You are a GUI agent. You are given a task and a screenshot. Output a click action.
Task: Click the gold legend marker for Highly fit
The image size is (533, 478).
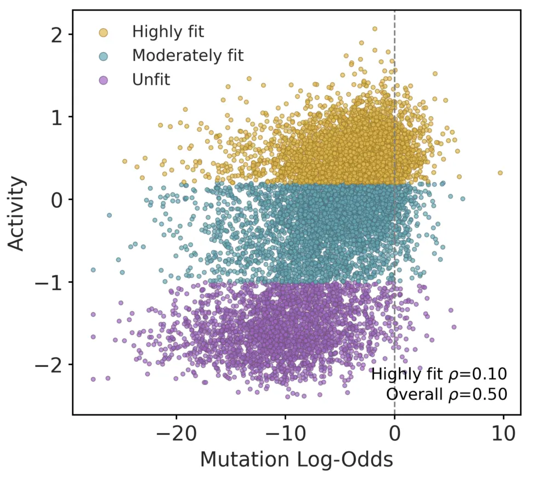click(x=103, y=32)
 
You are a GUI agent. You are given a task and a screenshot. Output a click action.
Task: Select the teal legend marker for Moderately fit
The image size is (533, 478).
click(x=103, y=56)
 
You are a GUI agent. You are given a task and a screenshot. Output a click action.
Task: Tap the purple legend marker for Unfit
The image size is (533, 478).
click(x=103, y=81)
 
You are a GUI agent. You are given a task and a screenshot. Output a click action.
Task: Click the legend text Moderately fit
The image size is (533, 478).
click(x=188, y=55)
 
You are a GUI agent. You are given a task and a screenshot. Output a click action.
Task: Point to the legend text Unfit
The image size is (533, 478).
click(x=151, y=79)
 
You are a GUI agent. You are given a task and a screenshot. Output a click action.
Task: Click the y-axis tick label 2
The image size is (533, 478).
click(x=57, y=35)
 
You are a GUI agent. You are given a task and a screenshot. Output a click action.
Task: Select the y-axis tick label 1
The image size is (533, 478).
click(x=57, y=117)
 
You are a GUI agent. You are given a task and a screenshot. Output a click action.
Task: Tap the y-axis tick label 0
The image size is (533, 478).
click(x=57, y=200)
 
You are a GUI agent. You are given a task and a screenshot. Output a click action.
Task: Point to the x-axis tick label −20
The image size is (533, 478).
click(x=177, y=434)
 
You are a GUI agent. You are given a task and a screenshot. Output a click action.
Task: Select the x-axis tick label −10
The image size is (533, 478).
click(x=286, y=434)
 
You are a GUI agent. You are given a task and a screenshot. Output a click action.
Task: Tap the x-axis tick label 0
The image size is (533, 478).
click(x=394, y=434)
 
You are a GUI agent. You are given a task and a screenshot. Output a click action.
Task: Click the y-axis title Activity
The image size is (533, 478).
click(x=16, y=213)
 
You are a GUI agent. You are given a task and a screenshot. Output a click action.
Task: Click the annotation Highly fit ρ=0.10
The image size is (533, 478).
click(x=439, y=374)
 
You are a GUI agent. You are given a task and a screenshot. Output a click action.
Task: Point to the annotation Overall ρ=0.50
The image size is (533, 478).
click(x=446, y=394)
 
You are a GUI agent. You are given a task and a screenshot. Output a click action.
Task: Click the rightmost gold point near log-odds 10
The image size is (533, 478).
click(x=500, y=173)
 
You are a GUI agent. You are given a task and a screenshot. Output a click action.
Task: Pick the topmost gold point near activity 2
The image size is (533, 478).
click(x=375, y=29)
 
